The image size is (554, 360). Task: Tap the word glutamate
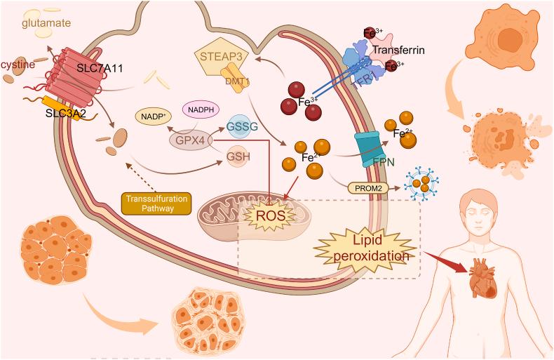46,24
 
